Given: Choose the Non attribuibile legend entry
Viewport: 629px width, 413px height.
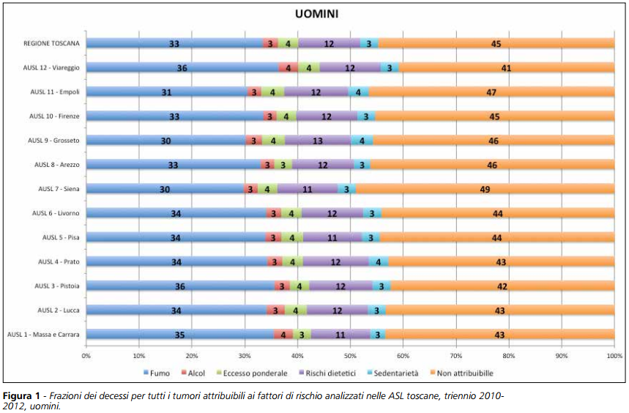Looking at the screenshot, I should tap(465, 373).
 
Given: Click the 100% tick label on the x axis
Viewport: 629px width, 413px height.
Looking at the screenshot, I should tap(614, 357).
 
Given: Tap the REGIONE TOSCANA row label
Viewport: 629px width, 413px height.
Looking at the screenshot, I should tap(51, 44).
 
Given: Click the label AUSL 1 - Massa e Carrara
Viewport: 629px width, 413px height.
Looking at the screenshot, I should tap(44, 335).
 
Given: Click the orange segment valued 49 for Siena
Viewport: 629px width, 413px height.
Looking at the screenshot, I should tap(485, 189).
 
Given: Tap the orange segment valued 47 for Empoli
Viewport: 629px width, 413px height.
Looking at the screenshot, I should tap(491, 92).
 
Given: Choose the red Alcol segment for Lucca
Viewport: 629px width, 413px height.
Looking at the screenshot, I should tap(275, 310).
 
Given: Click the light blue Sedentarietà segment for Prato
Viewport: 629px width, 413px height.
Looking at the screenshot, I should tap(379, 262).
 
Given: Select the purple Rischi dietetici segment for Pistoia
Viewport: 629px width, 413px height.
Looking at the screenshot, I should tap(340, 286).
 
